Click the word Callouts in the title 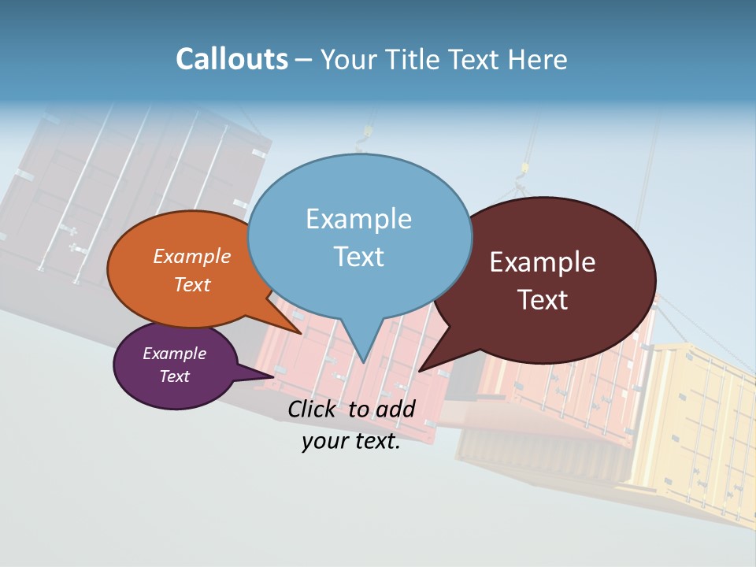point(232,59)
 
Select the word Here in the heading point(537,59)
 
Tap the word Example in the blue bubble point(358,219)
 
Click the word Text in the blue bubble point(358,257)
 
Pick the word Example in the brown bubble point(543,262)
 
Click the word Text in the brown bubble point(543,300)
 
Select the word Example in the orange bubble point(192,256)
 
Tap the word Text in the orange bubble point(192,284)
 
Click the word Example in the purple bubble point(174,354)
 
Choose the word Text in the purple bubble point(174,376)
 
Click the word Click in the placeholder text point(315,409)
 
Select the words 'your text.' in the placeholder point(351,441)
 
